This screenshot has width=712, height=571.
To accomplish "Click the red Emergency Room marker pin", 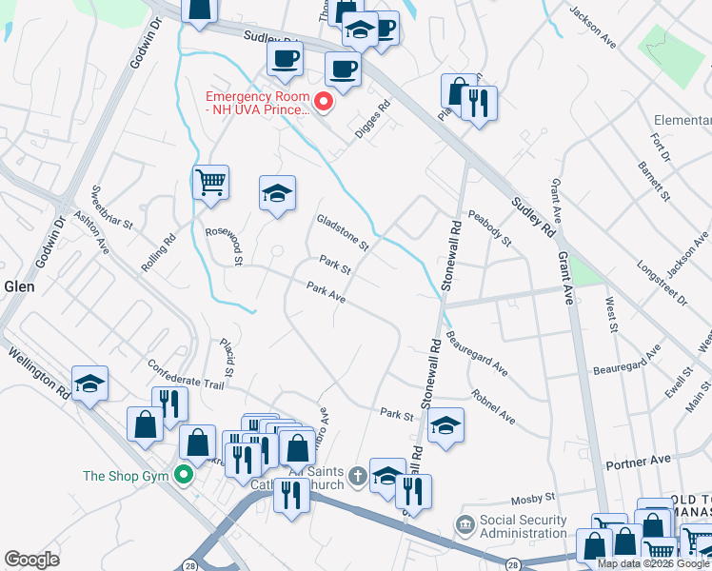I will [x=324, y=100].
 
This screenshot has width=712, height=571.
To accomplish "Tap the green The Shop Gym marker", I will [x=185, y=476].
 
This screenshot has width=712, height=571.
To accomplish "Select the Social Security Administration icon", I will [x=465, y=525].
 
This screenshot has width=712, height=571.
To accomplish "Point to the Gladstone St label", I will [x=343, y=233].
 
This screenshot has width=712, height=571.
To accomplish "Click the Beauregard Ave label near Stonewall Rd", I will [x=476, y=352].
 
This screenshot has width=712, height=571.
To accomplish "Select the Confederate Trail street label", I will [x=186, y=374].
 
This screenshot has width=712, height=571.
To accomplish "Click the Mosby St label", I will [x=533, y=498].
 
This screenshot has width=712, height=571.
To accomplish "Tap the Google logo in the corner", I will [x=31, y=560].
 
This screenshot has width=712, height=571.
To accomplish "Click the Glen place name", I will [x=19, y=286].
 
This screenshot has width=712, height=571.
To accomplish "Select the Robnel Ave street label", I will [x=493, y=406].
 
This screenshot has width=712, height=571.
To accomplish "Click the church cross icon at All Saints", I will [x=357, y=475].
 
